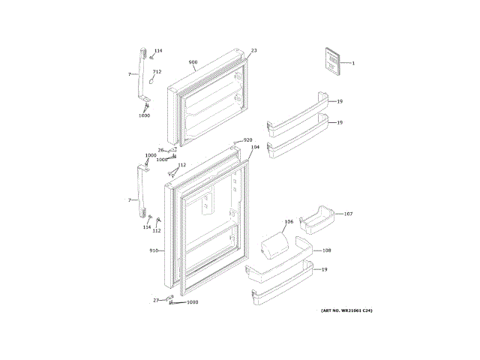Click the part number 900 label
click(x=193, y=62)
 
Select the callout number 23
click(x=253, y=50)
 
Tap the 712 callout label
click(x=157, y=71)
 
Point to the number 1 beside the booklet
click(x=353, y=63)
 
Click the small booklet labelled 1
click(x=331, y=60)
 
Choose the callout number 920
click(x=247, y=140)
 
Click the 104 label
click(x=255, y=148)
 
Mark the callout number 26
click(x=160, y=150)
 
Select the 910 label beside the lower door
click(x=154, y=250)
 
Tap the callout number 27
click(x=157, y=300)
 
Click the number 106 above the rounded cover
click(x=289, y=222)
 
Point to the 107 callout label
click(x=348, y=214)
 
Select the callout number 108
click(x=327, y=250)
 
